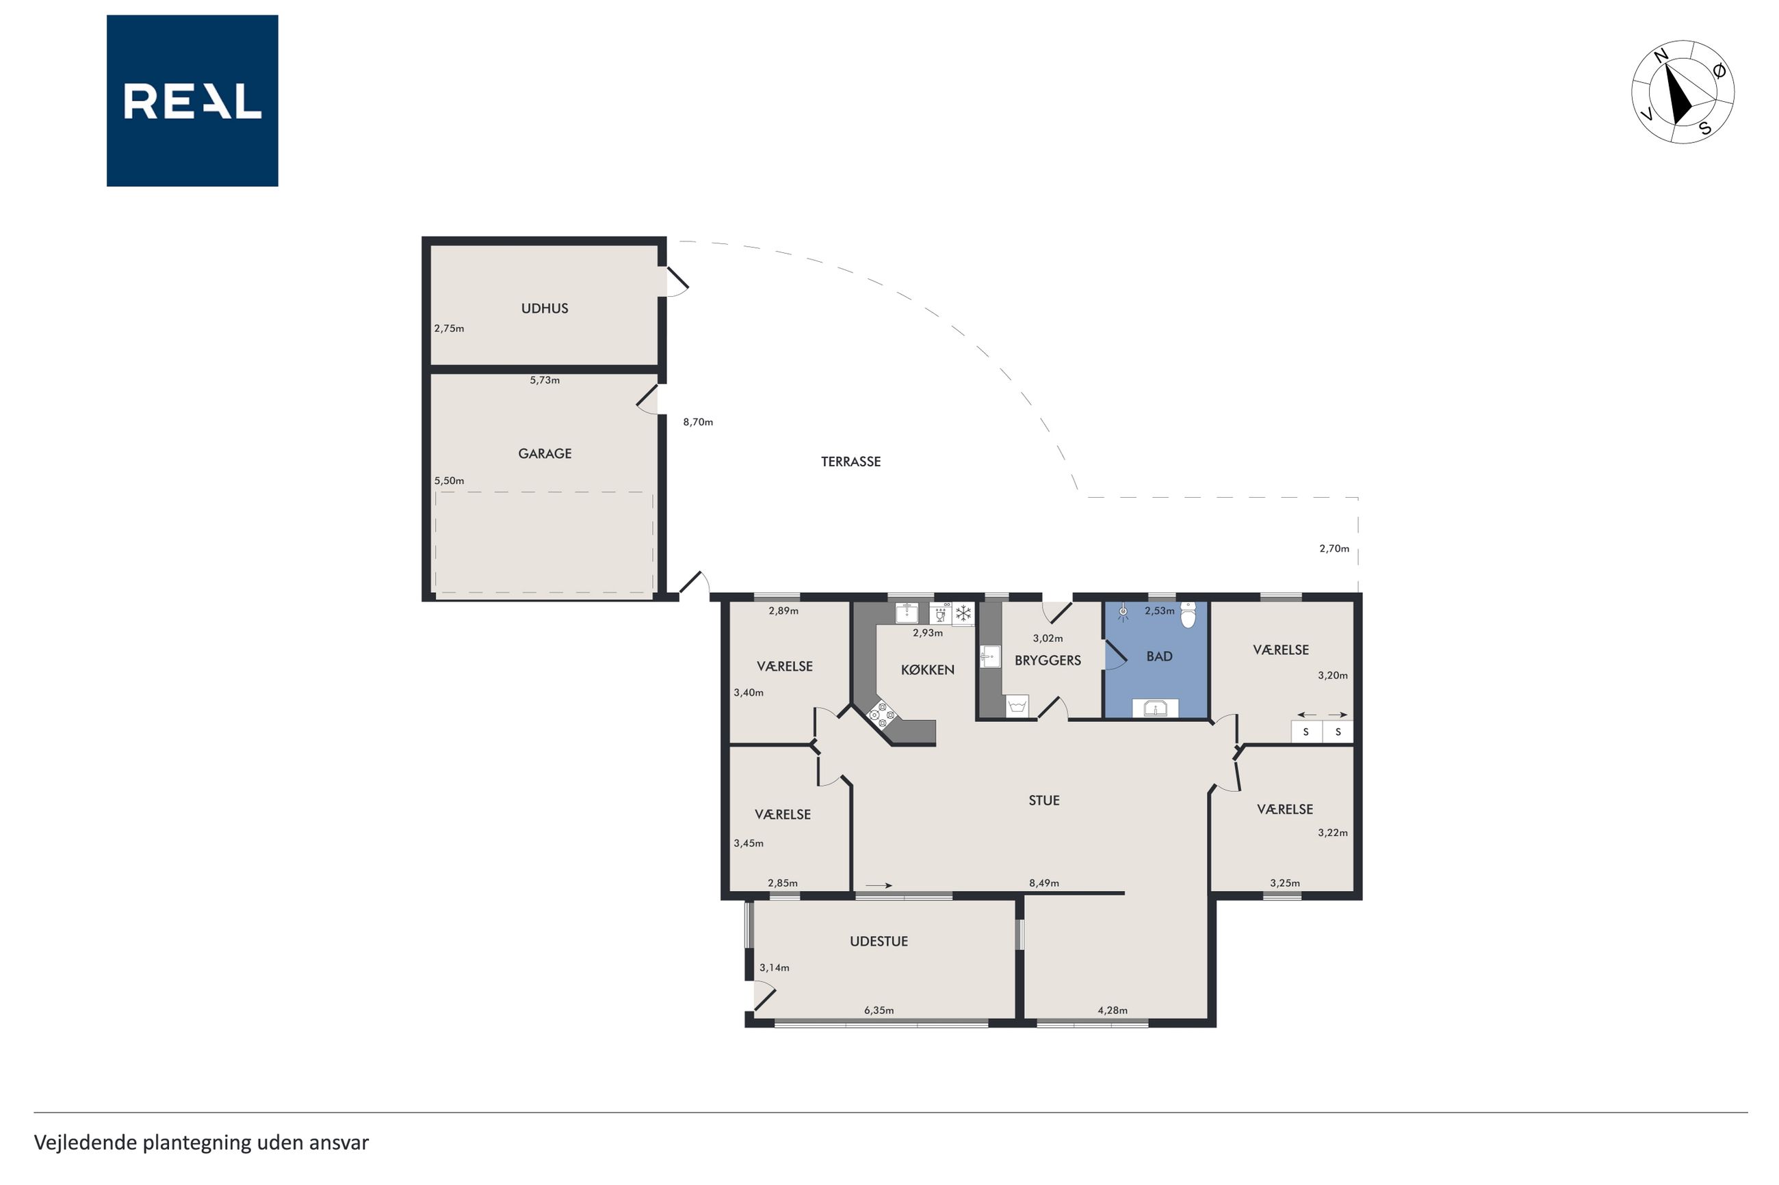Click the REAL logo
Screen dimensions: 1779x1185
pyautogui.click(x=192, y=101)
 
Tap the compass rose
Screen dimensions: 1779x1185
pyautogui.click(x=1683, y=92)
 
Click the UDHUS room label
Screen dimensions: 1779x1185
pyautogui.click(x=545, y=308)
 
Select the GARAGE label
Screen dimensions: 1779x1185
pyautogui.click(x=545, y=453)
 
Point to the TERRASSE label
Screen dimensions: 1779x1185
pyautogui.click(x=850, y=462)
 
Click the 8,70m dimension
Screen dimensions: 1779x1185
pyautogui.click(x=698, y=423)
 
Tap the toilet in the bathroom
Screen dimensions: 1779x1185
pyautogui.click(x=1189, y=615)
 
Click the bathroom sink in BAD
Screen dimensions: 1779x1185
pyautogui.click(x=1154, y=708)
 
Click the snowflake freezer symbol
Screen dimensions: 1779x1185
pyautogui.click(x=963, y=613)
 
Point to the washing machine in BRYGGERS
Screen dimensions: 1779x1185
pyautogui.click(x=1017, y=706)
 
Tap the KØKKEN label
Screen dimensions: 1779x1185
pyautogui.click(x=928, y=669)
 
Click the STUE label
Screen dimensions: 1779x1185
pyautogui.click(x=1044, y=800)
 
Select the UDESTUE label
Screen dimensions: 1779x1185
pyautogui.click(x=879, y=942)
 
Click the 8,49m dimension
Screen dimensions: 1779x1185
pyautogui.click(x=1044, y=883)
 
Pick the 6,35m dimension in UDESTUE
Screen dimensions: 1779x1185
pyautogui.click(x=879, y=1011)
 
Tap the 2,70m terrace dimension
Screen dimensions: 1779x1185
pyautogui.click(x=1334, y=548)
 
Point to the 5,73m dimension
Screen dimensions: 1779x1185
pyautogui.click(x=545, y=380)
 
